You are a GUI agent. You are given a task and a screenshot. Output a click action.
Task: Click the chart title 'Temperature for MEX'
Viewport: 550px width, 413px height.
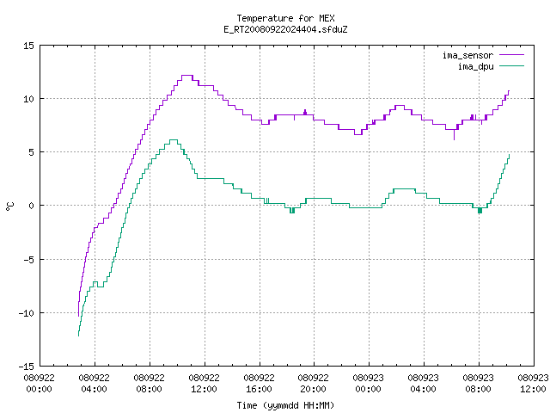(x=285, y=18)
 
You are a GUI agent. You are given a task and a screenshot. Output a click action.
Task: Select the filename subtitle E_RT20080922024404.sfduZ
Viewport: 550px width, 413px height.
(x=285, y=29)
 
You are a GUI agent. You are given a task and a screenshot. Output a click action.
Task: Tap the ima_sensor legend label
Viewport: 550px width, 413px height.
(x=467, y=55)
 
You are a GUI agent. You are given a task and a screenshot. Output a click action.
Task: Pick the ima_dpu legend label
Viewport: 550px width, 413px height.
(x=475, y=66)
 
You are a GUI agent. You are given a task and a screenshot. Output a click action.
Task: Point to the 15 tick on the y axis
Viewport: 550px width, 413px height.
(x=28, y=46)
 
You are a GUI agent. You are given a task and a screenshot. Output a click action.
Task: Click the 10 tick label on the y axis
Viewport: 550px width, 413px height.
(x=28, y=99)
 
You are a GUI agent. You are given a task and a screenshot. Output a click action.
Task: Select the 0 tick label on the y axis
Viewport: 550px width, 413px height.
(x=31, y=206)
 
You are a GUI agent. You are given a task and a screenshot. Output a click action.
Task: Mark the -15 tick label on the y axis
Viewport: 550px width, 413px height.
(x=27, y=367)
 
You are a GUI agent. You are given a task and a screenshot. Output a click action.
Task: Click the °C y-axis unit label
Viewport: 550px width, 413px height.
(x=9, y=206)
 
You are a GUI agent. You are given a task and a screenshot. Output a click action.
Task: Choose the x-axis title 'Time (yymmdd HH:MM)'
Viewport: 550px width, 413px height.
(x=285, y=405)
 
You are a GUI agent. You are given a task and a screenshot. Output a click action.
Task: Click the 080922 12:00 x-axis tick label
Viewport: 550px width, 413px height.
(x=204, y=384)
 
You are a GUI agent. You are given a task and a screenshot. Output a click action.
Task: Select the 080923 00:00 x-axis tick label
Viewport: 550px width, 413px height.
(x=368, y=384)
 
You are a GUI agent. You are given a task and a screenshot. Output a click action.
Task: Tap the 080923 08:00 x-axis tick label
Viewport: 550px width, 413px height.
(x=478, y=384)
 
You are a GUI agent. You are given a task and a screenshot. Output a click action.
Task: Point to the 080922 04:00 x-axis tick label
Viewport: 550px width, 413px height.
(x=94, y=384)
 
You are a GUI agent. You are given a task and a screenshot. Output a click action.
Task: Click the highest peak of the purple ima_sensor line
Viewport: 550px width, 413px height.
(x=187, y=75)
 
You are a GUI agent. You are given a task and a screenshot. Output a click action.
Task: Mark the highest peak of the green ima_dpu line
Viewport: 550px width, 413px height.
(x=174, y=139)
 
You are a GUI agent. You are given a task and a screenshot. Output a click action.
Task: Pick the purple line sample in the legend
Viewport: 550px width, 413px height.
(x=512, y=55)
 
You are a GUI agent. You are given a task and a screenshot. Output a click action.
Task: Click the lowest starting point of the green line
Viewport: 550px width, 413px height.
(x=78, y=336)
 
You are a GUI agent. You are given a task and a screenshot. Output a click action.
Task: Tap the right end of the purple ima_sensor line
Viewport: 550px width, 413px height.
(x=509, y=91)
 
